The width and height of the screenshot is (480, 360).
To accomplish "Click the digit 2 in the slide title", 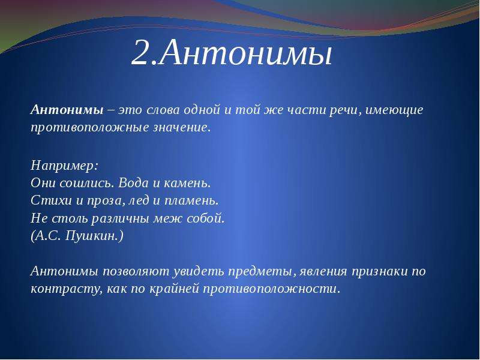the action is point(142,52).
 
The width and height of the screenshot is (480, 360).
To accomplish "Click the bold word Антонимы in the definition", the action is point(67,110).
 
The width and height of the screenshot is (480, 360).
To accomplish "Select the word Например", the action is point(63,166).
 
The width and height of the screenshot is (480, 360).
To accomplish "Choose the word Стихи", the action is point(51,201).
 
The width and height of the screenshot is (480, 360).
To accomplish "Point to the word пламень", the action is point(190,201).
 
